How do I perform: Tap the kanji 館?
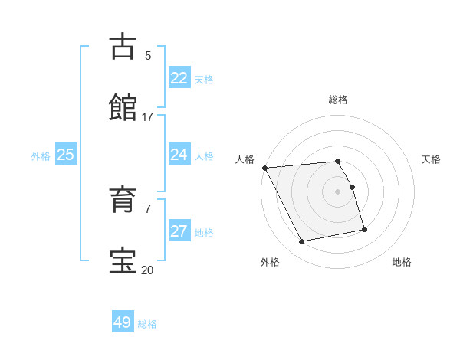(124, 107)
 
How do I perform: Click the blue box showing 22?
(179, 78)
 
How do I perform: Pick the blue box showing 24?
(179, 155)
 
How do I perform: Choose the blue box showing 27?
(179, 231)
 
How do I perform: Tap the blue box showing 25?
(66, 155)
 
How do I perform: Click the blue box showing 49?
(123, 322)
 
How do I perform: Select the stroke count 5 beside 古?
(148, 55)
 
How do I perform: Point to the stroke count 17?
(148, 117)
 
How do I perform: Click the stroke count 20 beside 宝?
(147, 270)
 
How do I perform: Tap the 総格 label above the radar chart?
(338, 100)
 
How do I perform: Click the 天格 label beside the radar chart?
(432, 159)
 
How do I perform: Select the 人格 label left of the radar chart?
(245, 159)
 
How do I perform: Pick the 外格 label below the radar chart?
(270, 262)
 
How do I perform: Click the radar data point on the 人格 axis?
(264, 168)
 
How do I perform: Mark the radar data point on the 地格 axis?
(364, 228)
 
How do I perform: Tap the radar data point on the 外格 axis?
(302, 242)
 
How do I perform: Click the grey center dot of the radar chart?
(338, 191)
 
